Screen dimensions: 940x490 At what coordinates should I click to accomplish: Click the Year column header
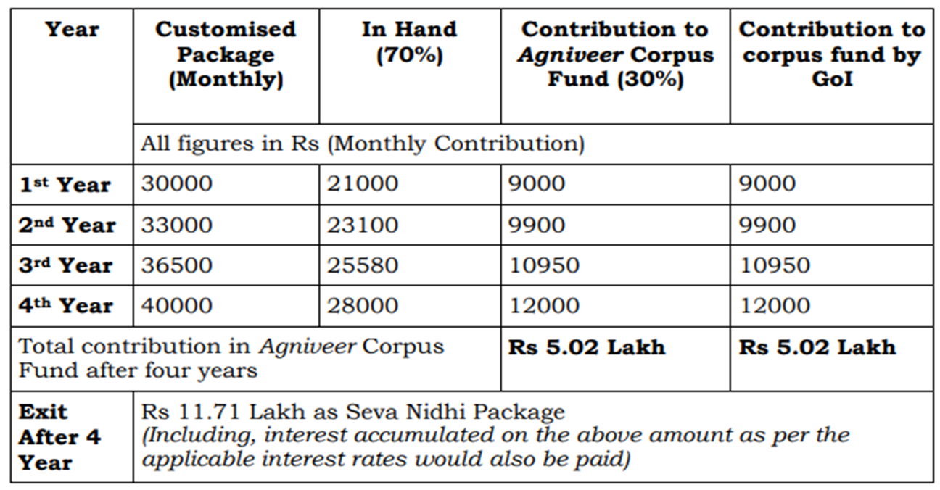pyautogui.click(x=73, y=30)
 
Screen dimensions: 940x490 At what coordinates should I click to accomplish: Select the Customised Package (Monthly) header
pyautogui.click(x=226, y=54)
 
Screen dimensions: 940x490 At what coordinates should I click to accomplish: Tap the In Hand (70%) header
pyautogui.click(x=410, y=42)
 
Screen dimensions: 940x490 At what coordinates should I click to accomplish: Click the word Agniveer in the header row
pyautogui.click(x=570, y=55)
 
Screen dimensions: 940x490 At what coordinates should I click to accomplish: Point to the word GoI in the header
pyautogui.click(x=832, y=79)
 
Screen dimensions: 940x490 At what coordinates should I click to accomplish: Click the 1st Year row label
pyautogui.click(x=65, y=185)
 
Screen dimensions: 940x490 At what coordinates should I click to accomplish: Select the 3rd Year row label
pyautogui.click(x=65, y=265)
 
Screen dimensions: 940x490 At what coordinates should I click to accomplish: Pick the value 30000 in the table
pyautogui.click(x=177, y=183)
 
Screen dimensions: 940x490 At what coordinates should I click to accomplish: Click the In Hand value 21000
pyautogui.click(x=363, y=183)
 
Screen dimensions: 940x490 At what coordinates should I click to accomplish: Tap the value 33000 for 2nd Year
pyautogui.click(x=177, y=225)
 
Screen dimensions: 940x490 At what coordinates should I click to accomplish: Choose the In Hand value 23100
pyautogui.click(x=363, y=225)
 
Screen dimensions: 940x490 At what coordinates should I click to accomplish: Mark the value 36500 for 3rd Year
pyautogui.click(x=177, y=265)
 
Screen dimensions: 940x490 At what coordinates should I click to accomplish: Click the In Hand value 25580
pyautogui.click(x=363, y=265)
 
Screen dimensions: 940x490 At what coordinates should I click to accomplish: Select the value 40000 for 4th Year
pyautogui.click(x=177, y=305)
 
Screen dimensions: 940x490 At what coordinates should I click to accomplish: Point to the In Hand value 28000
pyautogui.click(x=363, y=305)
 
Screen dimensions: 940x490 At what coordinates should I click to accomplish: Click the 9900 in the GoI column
pyautogui.click(x=767, y=225)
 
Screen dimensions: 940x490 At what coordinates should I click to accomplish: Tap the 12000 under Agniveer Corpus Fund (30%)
pyautogui.click(x=544, y=305)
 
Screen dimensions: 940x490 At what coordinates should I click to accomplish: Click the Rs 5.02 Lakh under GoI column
pyautogui.click(x=817, y=347)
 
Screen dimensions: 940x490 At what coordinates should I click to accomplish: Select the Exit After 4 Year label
pyautogui.click(x=59, y=437)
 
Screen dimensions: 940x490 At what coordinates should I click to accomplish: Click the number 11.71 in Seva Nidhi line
pyautogui.click(x=209, y=412)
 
